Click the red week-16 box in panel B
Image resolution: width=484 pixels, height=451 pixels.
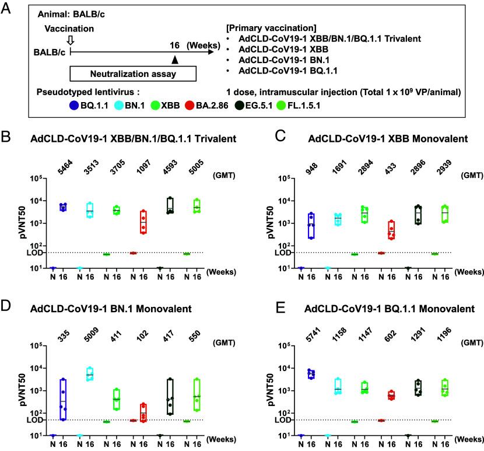point(143,222)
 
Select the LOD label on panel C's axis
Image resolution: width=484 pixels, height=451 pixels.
point(270,253)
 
